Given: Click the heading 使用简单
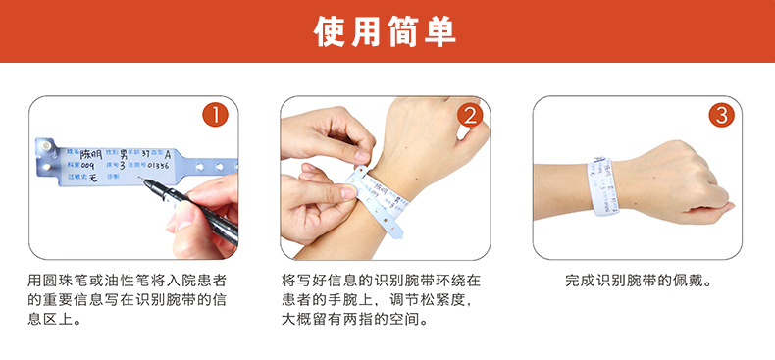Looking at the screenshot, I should [x=387, y=31].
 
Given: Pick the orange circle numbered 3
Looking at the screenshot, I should [x=722, y=116].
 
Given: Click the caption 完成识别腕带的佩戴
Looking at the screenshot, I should [x=638, y=280].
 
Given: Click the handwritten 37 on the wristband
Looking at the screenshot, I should [x=146, y=154].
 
